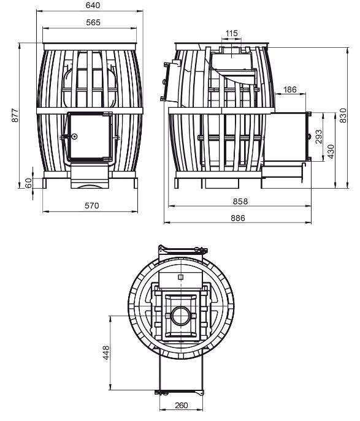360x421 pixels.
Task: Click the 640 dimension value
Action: [x=93, y=5]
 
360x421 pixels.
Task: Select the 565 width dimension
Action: [x=93, y=23]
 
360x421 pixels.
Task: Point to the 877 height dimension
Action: [x=15, y=115]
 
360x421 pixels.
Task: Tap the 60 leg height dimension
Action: [x=28, y=183]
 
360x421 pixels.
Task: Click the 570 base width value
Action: [x=92, y=206]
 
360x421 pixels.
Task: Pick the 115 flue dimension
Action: [x=232, y=33]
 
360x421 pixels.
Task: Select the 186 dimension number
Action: [x=289, y=89]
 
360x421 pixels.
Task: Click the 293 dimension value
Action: [x=318, y=137]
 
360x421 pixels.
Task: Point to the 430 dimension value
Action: [x=331, y=151]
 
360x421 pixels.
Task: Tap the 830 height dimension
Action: [x=343, y=115]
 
